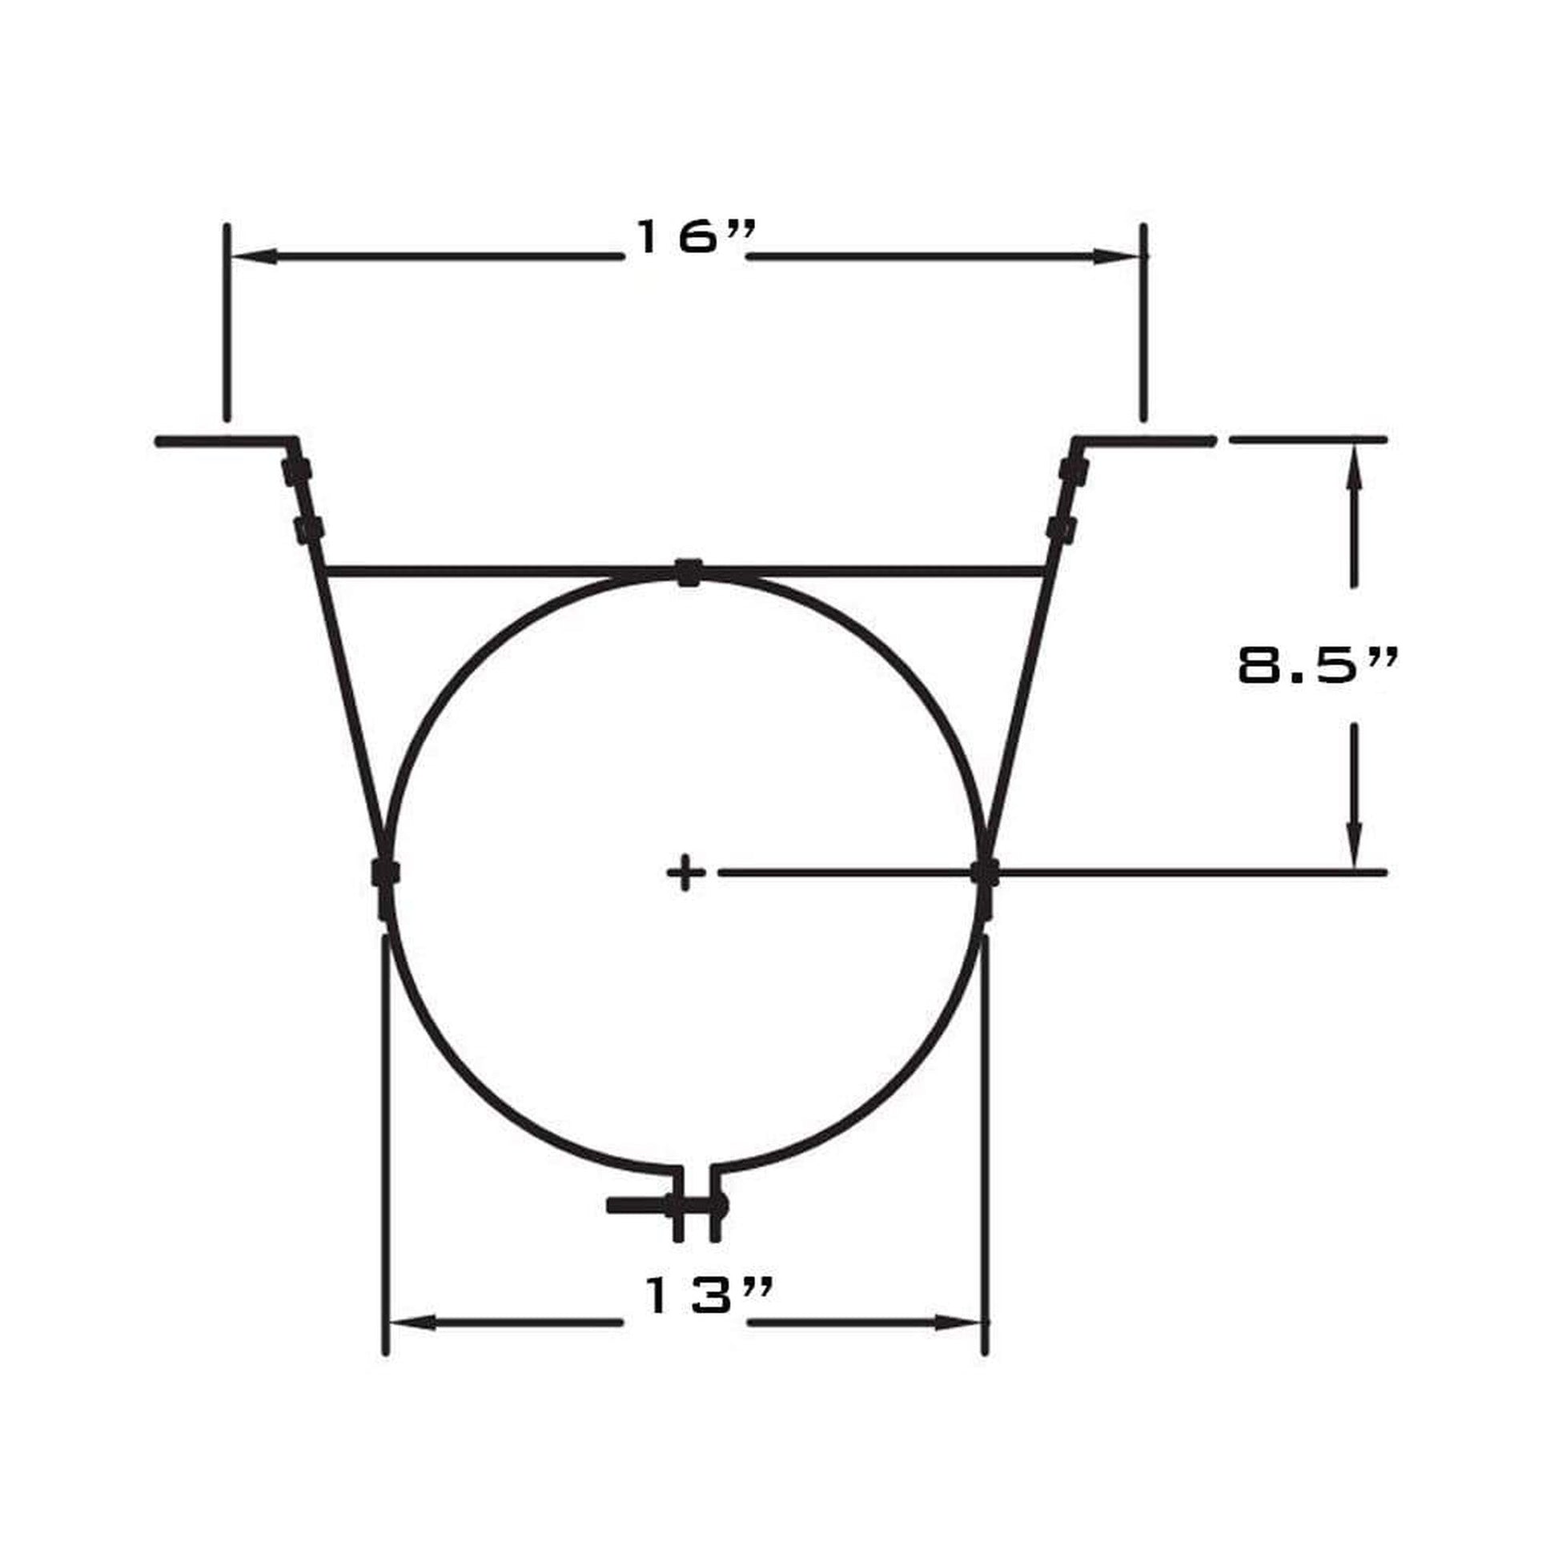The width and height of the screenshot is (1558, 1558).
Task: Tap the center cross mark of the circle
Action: pos(686,872)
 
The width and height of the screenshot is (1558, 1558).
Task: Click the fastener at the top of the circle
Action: pos(688,572)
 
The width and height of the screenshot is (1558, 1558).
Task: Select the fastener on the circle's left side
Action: pos(385,873)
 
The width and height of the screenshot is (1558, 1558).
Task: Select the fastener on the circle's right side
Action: pos(985,873)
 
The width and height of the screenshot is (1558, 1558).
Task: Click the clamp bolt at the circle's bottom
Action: pos(669,1228)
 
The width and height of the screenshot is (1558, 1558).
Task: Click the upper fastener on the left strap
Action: pos(296,470)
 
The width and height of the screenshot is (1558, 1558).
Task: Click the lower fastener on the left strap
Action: pos(309,530)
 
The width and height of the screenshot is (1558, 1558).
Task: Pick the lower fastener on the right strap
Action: pos(1061,528)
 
